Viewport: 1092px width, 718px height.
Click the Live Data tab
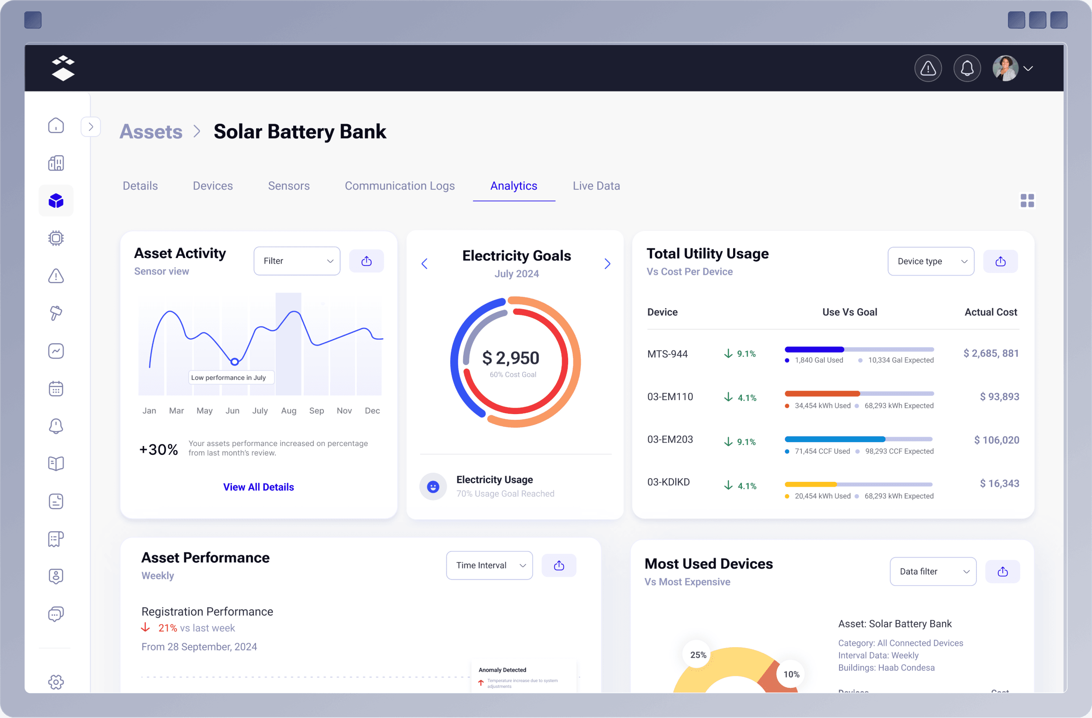pos(596,186)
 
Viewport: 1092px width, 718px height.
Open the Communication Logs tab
pos(399,186)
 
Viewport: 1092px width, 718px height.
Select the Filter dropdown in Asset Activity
pos(296,261)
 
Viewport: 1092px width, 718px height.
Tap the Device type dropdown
pos(930,261)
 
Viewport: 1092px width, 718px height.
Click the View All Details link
pos(258,487)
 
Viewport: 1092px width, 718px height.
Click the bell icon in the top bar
pos(967,69)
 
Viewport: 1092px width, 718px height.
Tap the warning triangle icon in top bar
pos(928,69)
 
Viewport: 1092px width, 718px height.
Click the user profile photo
pos(1005,69)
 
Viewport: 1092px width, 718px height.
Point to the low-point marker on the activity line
pos(235,362)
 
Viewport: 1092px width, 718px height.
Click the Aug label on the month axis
pos(288,411)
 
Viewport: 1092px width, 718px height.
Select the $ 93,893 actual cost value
pos(999,397)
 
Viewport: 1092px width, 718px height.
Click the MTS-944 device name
pos(667,354)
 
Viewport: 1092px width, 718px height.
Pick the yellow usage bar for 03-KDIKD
pos(810,484)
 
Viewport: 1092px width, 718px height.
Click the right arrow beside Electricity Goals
pos(607,264)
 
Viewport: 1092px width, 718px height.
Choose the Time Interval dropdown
pos(489,565)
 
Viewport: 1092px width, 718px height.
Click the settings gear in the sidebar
pos(56,682)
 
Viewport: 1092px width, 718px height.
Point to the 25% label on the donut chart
pos(698,655)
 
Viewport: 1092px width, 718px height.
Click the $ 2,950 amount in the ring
pos(511,358)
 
